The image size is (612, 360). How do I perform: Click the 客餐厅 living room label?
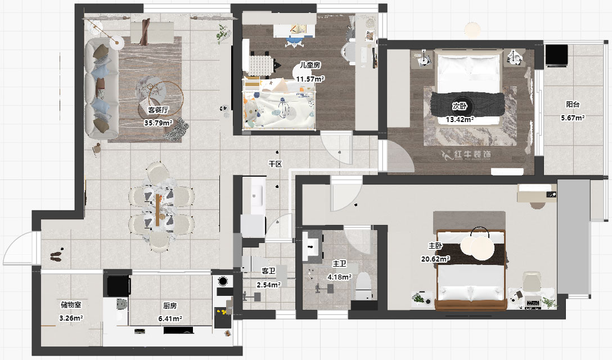(x=158, y=110)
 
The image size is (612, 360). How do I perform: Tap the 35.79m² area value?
(x=158, y=123)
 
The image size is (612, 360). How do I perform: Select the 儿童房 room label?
(x=310, y=65)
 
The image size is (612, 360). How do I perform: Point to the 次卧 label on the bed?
(x=460, y=106)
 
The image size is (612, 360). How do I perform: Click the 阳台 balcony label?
(x=573, y=104)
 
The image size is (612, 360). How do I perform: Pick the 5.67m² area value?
(x=573, y=118)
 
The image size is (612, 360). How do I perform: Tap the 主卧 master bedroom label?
(x=435, y=246)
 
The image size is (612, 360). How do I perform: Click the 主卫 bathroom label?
(x=339, y=264)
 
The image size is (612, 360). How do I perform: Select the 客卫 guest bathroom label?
(x=268, y=271)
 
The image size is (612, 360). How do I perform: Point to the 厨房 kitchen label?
(x=170, y=306)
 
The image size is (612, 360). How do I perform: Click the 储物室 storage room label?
(x=71, y=304)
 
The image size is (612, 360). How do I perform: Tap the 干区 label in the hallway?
(x=275, y=164)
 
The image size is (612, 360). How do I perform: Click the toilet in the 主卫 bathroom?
(x=363, y=285)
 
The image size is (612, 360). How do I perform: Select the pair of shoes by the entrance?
(x=57, y=255)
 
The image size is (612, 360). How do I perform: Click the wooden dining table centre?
(x=157, y=210)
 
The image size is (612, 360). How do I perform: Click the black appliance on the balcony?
(x=556, y=56)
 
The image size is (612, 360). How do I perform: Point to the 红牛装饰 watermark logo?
(x=466, y=155)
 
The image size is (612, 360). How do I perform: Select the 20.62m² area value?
(x=435, y=259)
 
